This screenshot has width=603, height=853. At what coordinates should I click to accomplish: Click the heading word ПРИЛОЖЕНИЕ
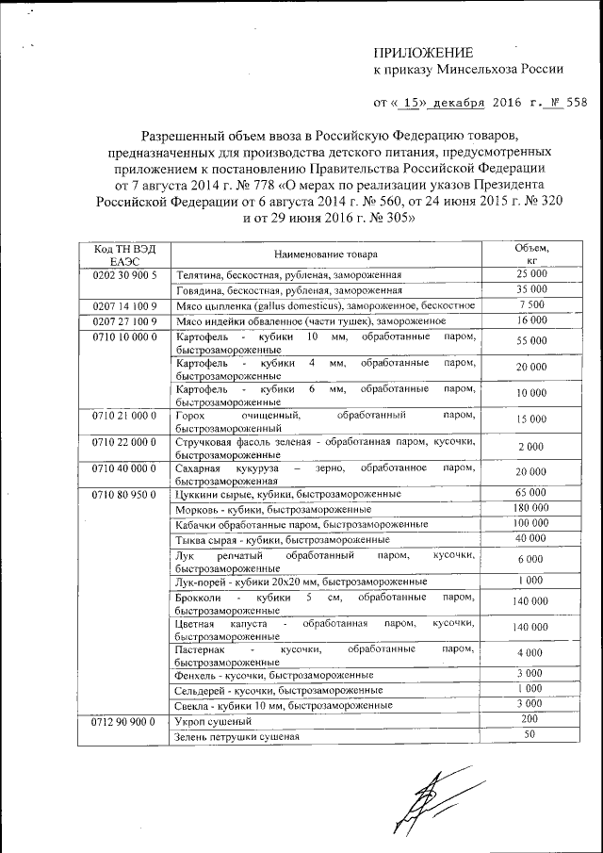point(423,52)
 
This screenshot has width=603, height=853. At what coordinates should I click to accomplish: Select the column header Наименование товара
point(325,254)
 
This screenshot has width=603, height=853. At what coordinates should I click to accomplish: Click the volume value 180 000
point(531,509)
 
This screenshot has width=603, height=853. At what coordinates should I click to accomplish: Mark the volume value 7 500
point(531,305)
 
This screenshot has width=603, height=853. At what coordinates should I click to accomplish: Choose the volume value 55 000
point(531,340)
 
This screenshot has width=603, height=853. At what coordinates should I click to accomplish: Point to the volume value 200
point(531,719)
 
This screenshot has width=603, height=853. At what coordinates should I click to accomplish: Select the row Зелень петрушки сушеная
point(236,736)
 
